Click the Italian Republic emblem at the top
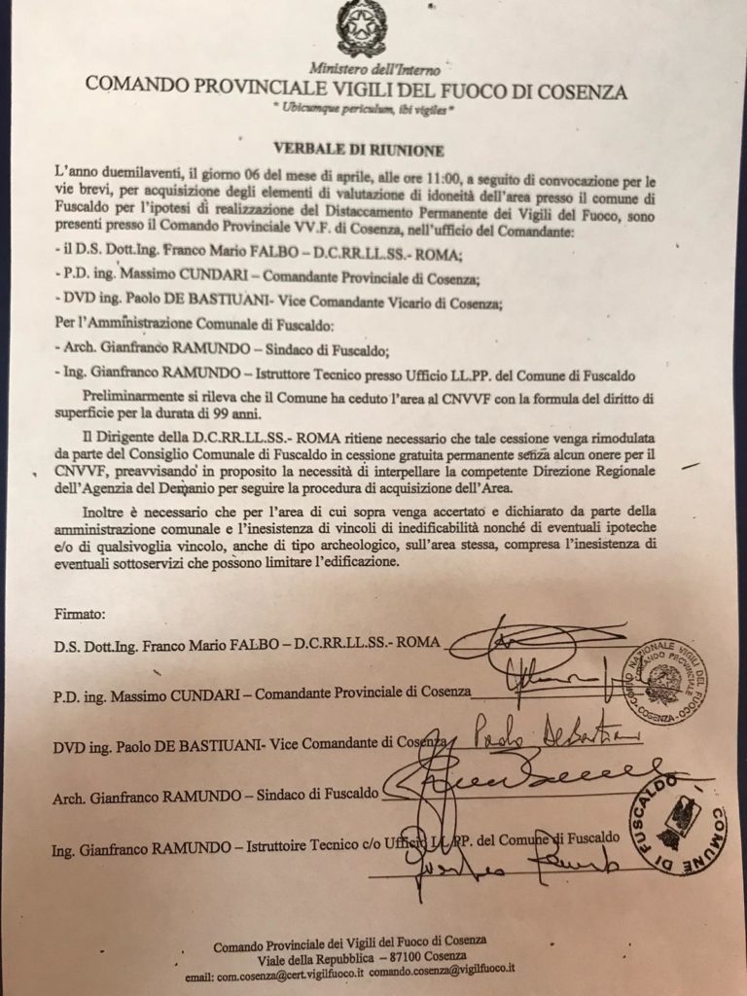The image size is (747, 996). click(361, 29)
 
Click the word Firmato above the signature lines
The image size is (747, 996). click(80, 614)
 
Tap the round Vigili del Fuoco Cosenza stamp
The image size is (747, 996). click(664, 679)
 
